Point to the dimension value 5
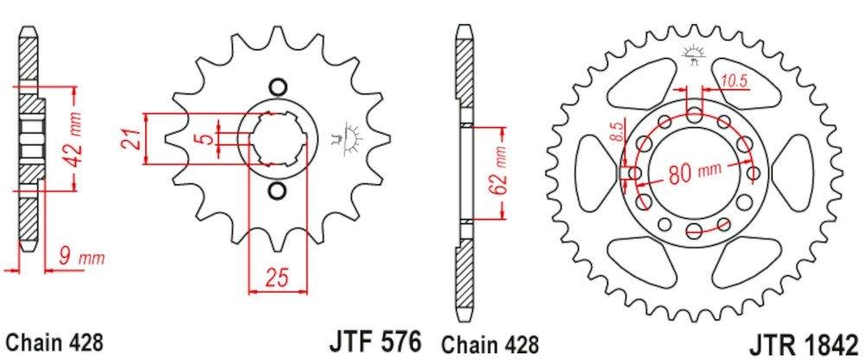[x=200, y=138]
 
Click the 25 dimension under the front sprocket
[x=276, y=280]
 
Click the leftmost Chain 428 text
[x=54, y=341]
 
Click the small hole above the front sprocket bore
[x=277, y=87]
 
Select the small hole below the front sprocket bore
[x=277, y=189]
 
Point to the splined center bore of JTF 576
[x=278, y=138]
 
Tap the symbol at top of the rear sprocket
[x=694, y=55]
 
